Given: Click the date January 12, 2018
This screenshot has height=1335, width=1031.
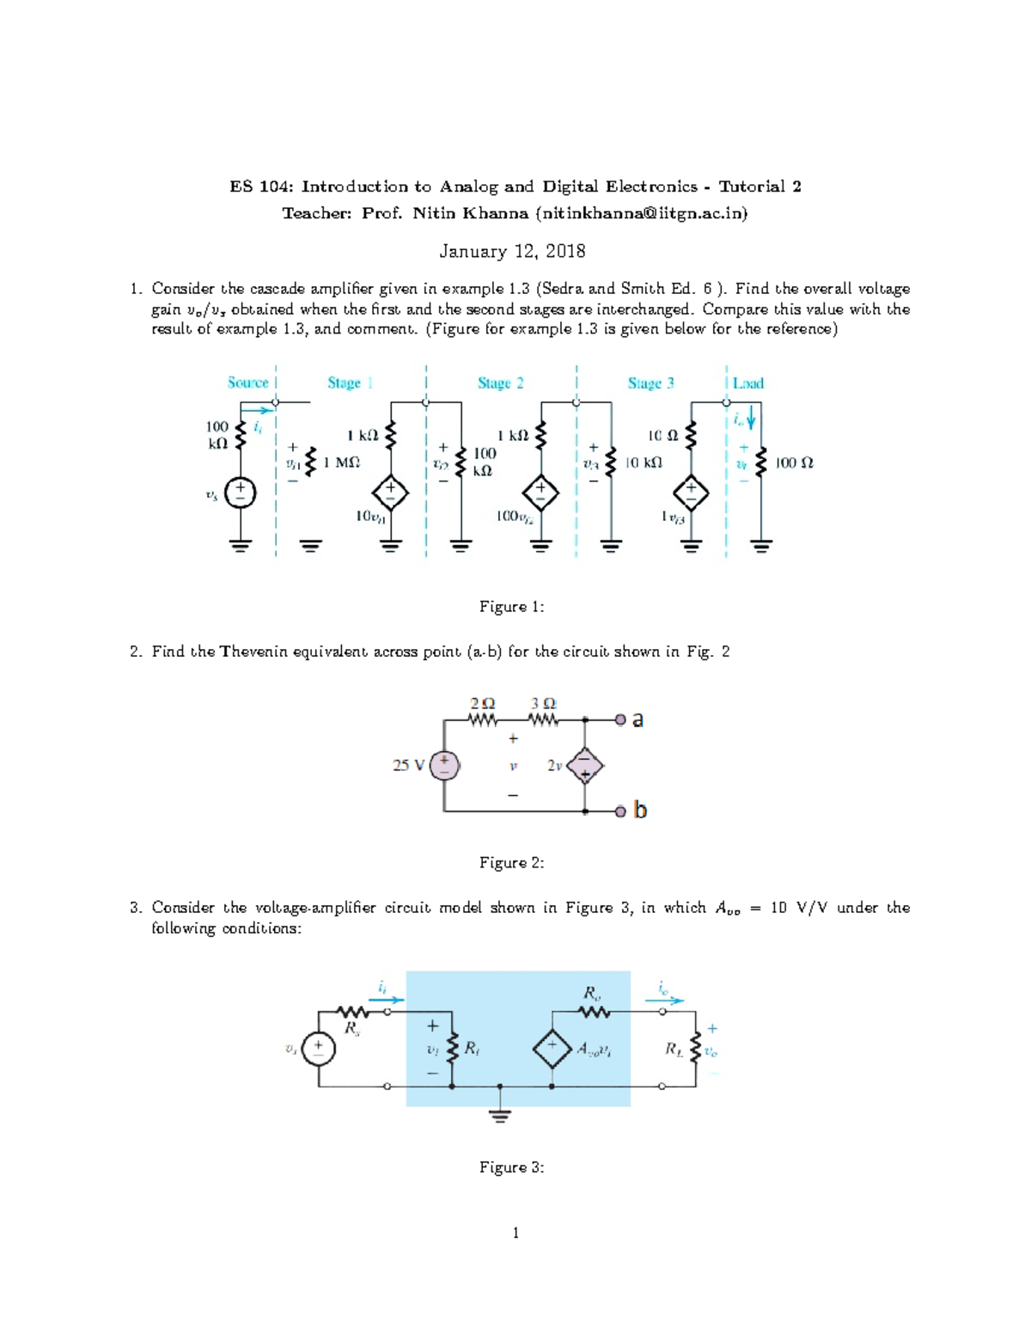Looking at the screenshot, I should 512,251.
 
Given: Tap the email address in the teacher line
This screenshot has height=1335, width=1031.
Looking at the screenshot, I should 641,213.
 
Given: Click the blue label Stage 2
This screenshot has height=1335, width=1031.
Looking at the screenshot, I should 500,383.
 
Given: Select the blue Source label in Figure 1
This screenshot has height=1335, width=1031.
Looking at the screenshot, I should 247,383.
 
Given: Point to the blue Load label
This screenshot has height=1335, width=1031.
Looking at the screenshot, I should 747,383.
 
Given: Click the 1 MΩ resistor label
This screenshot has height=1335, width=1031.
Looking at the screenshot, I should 341,462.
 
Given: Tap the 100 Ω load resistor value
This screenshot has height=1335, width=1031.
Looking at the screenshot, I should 794,463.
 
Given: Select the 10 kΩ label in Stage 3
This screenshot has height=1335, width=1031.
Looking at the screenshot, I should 643,462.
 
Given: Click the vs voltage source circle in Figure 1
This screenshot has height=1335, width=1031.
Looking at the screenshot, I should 240,493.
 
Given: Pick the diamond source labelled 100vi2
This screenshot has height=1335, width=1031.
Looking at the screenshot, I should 540,493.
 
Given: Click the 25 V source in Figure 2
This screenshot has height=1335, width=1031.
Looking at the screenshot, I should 444,765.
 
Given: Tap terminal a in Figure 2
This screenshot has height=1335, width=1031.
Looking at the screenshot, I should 638,720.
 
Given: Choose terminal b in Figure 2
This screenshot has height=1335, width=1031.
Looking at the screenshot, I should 639,810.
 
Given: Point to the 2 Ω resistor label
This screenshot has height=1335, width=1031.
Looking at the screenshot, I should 482,703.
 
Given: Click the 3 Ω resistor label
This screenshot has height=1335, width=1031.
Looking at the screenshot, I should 543,703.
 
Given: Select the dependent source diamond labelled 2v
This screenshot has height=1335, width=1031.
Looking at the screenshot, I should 585,765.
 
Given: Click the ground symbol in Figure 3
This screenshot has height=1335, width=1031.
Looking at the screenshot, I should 500,1115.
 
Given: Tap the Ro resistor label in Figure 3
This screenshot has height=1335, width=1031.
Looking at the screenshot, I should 592,993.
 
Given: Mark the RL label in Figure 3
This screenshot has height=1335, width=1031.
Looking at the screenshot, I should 674,1049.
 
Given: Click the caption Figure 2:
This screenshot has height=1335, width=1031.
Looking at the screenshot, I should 511,862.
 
